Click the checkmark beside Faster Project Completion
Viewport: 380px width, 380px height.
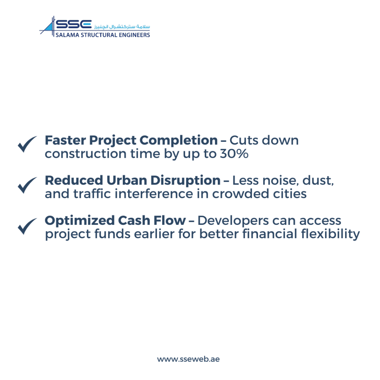(x=27, y=144)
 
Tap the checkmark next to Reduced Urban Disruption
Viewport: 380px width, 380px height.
(x=27, y=186)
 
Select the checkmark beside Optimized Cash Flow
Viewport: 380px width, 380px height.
(x=27, y=226)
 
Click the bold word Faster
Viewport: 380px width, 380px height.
(x=65, y=140)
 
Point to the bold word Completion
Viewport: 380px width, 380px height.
(x=178, y=141)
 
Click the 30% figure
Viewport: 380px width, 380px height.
(x=234, y=154)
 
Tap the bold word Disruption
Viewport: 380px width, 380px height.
(x=186, y=181)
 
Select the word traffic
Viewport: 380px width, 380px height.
(x=92, y=194)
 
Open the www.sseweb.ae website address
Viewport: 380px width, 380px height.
(x=188, y=359)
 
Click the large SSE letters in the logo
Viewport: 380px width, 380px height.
(x=74, y=24)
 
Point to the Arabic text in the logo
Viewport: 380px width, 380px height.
(x=122, y=26)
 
